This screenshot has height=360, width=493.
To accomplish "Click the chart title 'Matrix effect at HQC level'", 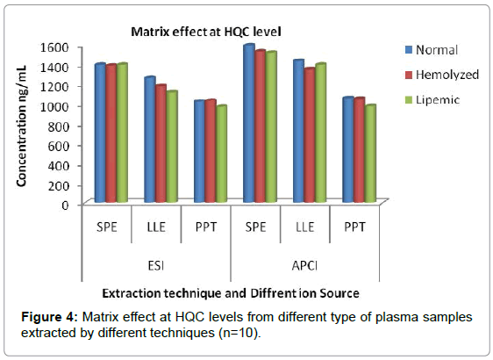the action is (206, 32).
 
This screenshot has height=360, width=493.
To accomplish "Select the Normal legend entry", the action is (432, 50).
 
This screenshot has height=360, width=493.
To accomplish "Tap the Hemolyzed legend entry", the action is (442, 75).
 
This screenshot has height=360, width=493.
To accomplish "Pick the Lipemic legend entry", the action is (432, 100).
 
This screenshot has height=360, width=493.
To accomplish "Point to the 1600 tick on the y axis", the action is (54, 47).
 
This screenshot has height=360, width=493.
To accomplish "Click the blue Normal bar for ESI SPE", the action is (100, 133).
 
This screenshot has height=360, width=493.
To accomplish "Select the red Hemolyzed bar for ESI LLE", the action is (161, 143).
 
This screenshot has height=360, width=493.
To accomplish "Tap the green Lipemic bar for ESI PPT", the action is (221, 154).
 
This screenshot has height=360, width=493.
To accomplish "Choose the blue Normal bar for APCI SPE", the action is (249, 123).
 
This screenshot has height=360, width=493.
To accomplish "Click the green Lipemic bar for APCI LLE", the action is (321, 133).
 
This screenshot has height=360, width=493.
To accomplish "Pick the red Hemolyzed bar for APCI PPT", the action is (360, 150).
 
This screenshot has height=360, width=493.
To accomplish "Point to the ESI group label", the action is (156, 266).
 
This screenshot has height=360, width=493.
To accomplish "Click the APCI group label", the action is (304, 266).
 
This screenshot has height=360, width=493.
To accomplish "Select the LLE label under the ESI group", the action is (156, 227).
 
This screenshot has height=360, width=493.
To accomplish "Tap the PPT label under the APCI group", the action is (354, 227).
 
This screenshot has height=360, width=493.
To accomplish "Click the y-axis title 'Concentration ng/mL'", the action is (21, 126).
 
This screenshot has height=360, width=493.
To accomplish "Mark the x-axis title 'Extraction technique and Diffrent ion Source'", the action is (231, 293).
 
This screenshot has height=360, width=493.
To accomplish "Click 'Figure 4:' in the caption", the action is (49, 317).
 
